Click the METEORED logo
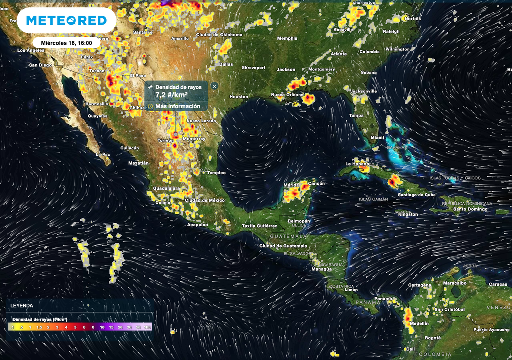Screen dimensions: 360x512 coord(66,21)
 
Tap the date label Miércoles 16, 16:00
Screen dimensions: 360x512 coord(66,43)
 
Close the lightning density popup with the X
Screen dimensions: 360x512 coord(214,86)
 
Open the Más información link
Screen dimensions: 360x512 coord(177,106)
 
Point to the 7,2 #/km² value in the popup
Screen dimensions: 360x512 coord(171,95)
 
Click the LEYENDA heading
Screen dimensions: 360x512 coord(22,305)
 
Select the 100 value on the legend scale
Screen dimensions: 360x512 coord(147,327)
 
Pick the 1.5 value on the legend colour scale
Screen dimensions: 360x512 coord(39,327)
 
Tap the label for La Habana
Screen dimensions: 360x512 coord(356,164)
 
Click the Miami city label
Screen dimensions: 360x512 coord(378,137)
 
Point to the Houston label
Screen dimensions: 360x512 coord(239,96)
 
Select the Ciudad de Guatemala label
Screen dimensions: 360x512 coord(283,246)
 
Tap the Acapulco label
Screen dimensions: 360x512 coord(197,225)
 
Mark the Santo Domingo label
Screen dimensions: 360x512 coord(470,209)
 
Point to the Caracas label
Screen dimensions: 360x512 coord(498,284)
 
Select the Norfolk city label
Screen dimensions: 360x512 coord(413,19)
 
